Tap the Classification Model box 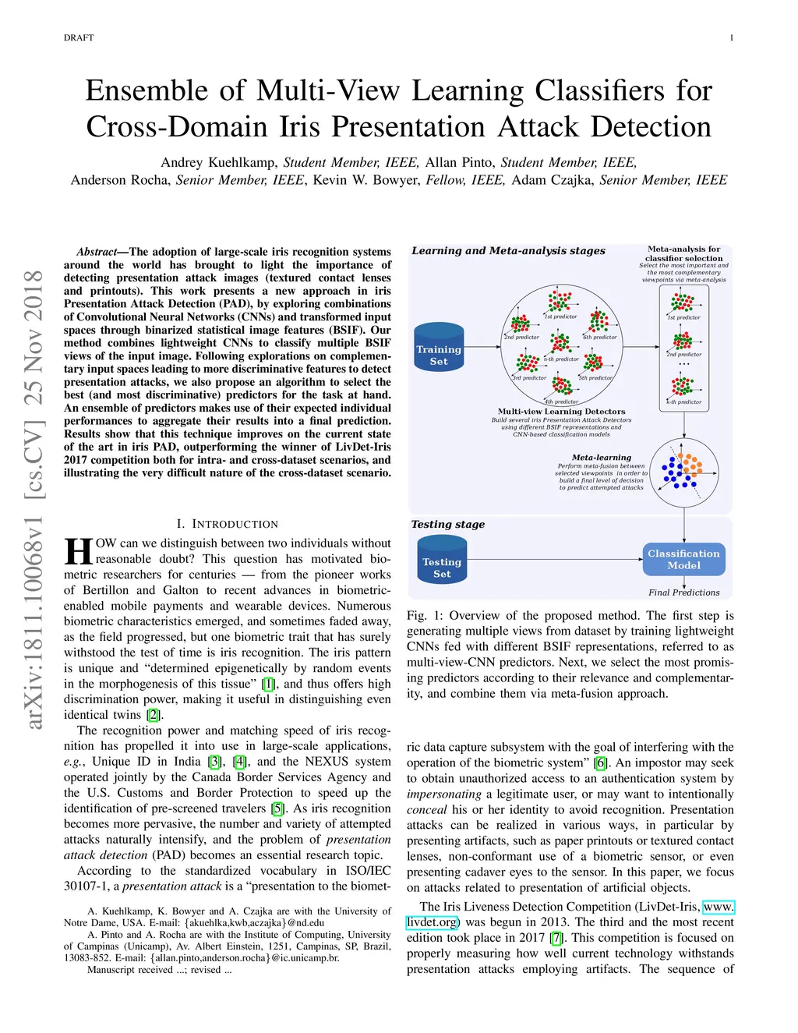point(683,559)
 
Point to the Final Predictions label point(683,593)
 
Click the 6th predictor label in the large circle point(600,338)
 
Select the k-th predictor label point(683,402)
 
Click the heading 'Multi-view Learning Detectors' point(561,412)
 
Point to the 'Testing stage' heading point(448,525)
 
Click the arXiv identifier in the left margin point(34,499)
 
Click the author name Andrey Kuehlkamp point(218,162)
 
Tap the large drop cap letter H point(79,551)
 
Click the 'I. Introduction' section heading point(227,524)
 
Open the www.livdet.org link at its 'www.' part point(718,907)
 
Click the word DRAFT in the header point(79,37)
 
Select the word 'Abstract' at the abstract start point(97,252)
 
